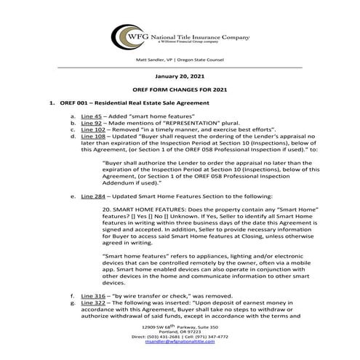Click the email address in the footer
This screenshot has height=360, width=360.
tap(180, 352)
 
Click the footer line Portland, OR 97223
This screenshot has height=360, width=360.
tap(180, 340)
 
